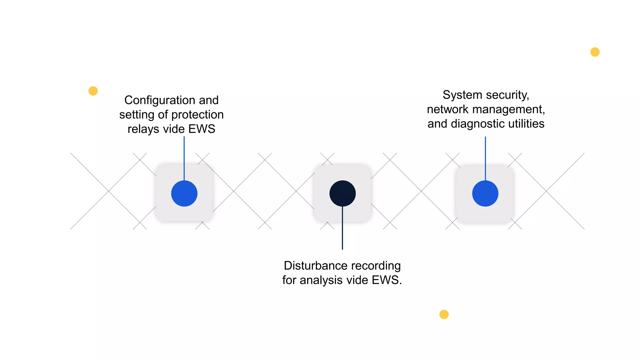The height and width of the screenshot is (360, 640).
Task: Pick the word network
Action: click(x=448, y=109)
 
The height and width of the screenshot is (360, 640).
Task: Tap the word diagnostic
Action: click(x=478, y=124)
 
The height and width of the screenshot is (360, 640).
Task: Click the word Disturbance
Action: click(x=316, y=266)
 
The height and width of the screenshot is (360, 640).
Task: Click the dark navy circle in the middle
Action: click(x=342, y=193)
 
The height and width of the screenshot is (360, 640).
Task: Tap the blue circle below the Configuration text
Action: click(x=184, y=193)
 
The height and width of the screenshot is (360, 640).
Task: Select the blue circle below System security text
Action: click(x=485, y=193)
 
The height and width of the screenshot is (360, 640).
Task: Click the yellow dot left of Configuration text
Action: click(x=93, y=91)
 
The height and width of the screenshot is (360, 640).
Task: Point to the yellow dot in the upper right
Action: click(x=595, y=52)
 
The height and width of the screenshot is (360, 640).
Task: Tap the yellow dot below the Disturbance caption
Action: click(x=444, y=314)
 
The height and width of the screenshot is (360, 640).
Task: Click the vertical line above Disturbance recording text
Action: click(x=342, y=228)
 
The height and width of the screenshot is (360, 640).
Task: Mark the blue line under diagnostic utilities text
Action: click(x=485, y=158)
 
